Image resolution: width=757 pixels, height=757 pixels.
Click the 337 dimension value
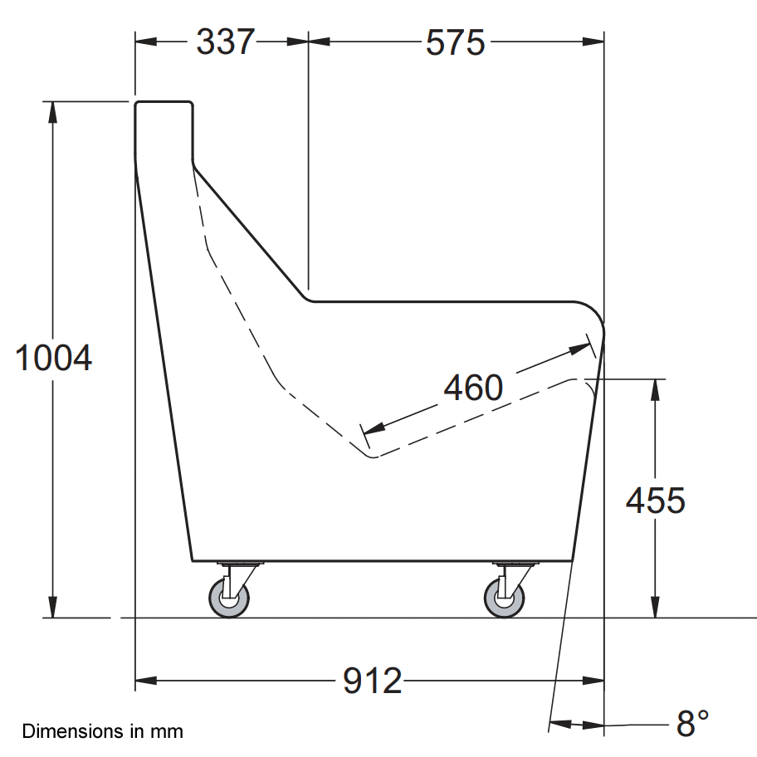coord(225,41)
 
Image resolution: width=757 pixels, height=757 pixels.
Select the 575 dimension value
coord(455,42)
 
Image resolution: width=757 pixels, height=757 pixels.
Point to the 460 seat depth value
coord(473,387)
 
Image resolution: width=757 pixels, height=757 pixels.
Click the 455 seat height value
coord(656,501)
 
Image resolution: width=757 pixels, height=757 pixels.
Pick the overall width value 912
coord(373,681)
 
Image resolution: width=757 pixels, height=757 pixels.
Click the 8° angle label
coord(692,724)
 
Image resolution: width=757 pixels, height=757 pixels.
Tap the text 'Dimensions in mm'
coord(103,732)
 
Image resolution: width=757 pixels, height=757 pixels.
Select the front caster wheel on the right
coord(505,598)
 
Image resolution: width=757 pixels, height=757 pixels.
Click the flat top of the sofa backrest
coord(164,102)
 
